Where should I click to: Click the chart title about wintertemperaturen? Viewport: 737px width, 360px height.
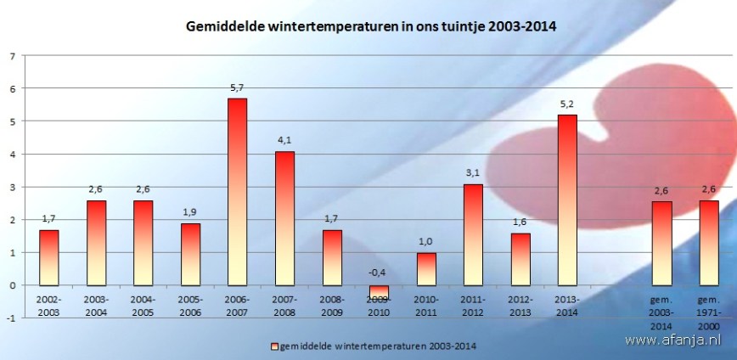point(371,27)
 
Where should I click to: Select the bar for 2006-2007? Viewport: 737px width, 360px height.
point(238,192)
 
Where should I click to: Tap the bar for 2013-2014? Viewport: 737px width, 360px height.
point(567,200)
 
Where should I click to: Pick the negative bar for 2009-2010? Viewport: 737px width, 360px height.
point(379,291)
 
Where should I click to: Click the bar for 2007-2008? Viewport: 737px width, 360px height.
point(284,218)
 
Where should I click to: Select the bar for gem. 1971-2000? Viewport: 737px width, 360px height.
point(708,243)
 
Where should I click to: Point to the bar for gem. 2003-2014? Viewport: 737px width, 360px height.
point(661,243)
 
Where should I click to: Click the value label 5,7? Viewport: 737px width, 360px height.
point(238,87)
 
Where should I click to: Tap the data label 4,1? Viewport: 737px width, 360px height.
point(284,140)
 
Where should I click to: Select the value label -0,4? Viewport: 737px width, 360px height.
point(379,273)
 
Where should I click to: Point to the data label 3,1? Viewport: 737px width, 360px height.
point(473,172)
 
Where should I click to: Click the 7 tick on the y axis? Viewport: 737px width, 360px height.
point(12,56)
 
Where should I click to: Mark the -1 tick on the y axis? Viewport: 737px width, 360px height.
point(10,318)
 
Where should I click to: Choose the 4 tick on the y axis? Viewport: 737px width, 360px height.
point(12,154)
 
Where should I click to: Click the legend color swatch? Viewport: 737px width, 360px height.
point(273,346)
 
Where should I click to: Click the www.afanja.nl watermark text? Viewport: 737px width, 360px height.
point(678,340)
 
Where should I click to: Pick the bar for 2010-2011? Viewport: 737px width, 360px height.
point(426,269)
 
